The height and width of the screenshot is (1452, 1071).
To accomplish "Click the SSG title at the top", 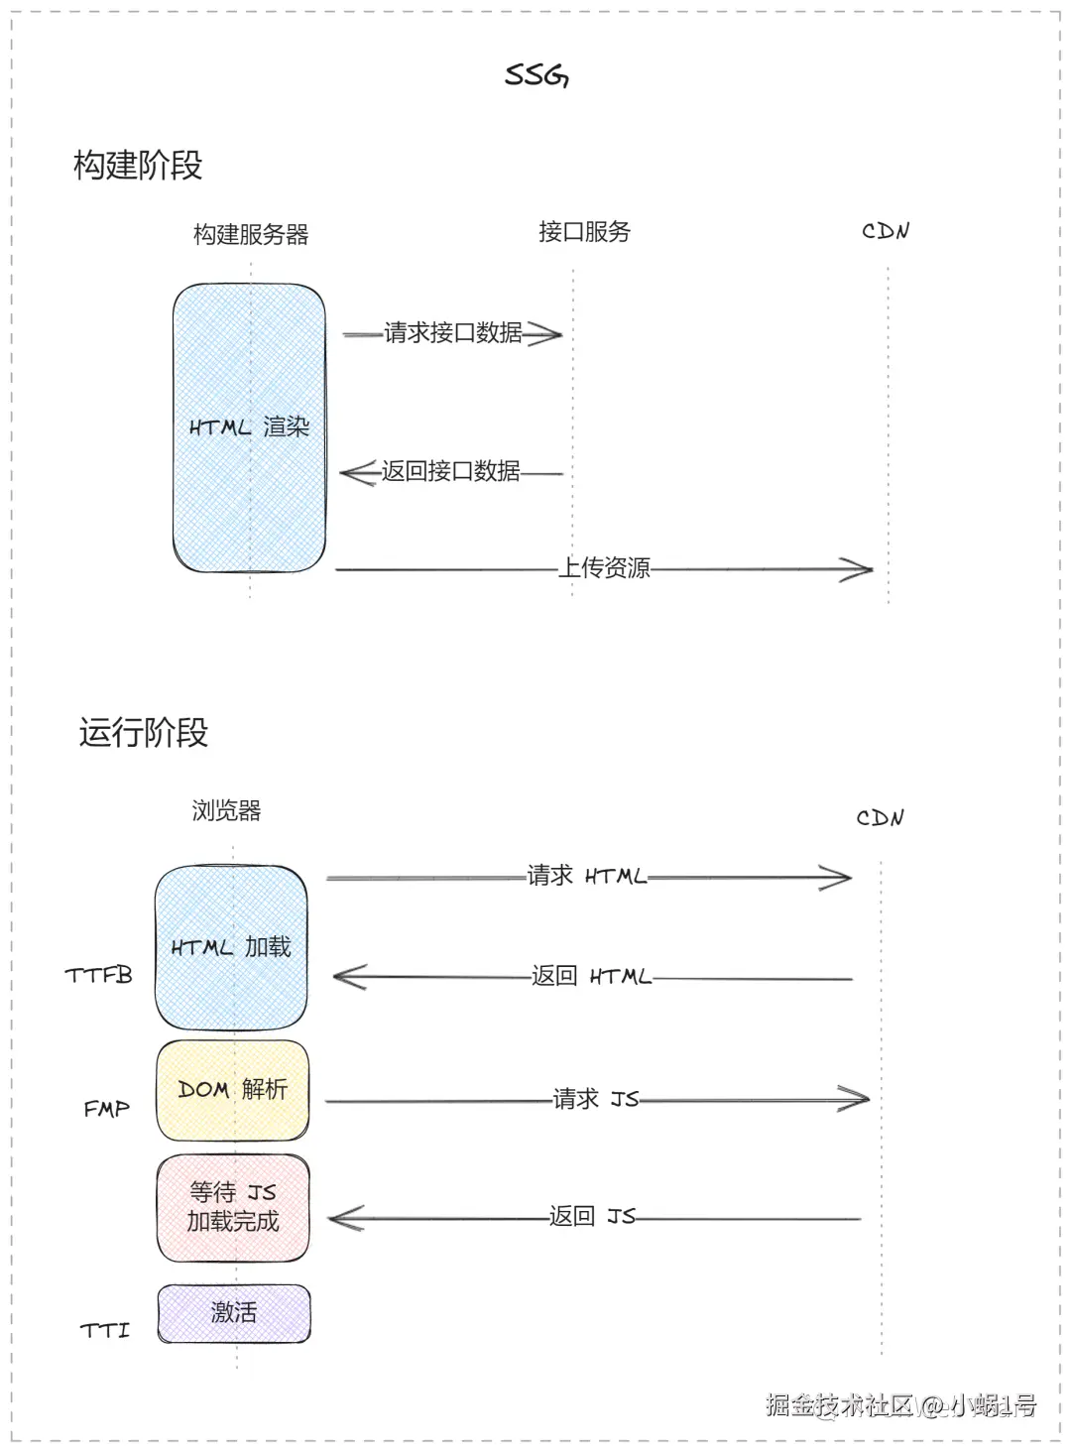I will click(536, 75).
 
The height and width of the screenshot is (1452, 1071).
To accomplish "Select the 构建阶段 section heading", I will click(138, 166).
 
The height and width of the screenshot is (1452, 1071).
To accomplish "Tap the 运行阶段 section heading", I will click(144, 733).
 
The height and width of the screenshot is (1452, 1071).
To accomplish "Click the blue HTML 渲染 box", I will click(249, 427).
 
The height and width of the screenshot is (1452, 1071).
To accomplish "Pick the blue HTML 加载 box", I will click(231, 947).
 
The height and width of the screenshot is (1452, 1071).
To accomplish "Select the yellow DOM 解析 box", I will click(233, 1090).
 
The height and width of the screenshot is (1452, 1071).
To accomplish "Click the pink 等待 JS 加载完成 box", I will click(233, 1207).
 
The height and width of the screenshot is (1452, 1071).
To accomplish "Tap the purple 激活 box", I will click(234, 1313).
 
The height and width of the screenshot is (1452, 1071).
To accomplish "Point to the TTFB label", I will click(98, 976).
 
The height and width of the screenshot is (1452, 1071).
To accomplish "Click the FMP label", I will click(106, 1109).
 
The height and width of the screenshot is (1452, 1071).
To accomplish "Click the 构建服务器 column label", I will click(251, 235).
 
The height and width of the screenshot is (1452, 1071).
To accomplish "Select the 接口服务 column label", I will click(584, 232).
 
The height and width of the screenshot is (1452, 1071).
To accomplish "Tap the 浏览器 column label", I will click(226, 811).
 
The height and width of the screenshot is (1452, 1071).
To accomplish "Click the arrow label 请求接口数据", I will click(453, 333).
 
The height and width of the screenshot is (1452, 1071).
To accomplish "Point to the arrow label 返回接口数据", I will click(451, 471).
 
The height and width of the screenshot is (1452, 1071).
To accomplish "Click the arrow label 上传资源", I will click(604, 568).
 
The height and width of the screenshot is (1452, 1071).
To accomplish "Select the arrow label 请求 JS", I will click(595, 1099).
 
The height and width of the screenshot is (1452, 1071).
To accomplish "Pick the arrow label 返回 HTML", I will click(591, 976).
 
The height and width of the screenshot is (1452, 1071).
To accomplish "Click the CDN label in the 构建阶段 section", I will click(885, 232).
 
